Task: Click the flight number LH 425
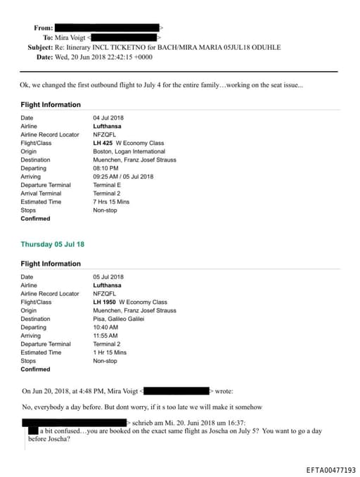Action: (103, 143)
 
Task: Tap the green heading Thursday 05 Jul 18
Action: (53, 244)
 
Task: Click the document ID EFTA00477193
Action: (331, 469)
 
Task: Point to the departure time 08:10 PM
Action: (105, 168)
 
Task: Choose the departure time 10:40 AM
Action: (105, 327)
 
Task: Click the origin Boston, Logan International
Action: (129, 151)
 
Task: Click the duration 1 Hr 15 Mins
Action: (110, 352)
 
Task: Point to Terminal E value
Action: (108, 185)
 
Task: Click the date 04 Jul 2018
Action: (108, 117)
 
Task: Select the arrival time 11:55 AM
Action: (105, 336)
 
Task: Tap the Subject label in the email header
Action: (40, 46)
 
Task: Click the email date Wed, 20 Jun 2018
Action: (83, 56)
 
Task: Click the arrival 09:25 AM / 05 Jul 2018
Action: (123, 177)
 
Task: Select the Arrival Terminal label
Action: (41, 193)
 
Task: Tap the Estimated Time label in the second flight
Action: (41, 352)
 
